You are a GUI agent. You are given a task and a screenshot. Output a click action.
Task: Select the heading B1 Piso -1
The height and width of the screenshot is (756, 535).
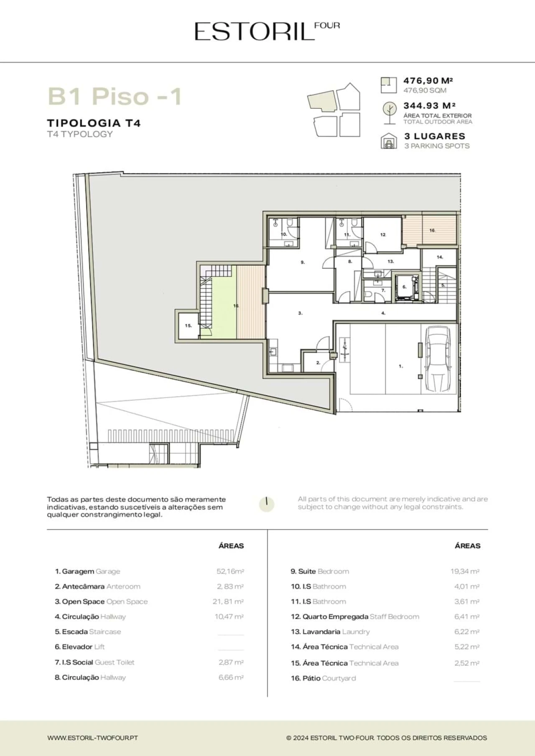(115, 96)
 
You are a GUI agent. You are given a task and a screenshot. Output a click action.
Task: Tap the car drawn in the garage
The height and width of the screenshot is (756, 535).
(438, 360)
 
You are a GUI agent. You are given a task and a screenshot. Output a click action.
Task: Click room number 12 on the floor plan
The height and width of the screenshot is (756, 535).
(383, 234)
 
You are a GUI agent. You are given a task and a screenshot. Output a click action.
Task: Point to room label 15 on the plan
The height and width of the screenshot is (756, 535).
(189, 326)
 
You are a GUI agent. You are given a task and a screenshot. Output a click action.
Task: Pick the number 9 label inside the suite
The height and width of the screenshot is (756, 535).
(303, 262)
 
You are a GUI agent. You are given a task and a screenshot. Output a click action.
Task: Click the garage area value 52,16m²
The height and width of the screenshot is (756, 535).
(230, 571)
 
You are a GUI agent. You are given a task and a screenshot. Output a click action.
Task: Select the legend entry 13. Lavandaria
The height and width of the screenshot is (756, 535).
(316, 631)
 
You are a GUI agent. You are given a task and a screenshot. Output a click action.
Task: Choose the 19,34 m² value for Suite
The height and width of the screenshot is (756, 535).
(465, 571)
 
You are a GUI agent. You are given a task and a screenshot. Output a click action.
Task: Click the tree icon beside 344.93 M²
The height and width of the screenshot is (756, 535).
(390, 113)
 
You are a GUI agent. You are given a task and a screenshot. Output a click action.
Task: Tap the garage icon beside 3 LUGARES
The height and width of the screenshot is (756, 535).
(389, 141)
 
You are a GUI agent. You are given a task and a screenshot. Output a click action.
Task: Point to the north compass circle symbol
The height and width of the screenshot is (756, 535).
(267, 504)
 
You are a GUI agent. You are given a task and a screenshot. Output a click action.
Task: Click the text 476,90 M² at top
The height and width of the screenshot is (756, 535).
(428, 81)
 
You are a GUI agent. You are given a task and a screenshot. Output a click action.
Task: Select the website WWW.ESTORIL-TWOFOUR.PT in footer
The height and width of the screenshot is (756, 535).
(92, 738)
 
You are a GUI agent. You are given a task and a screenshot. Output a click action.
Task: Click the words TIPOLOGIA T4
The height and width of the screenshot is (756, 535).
(94, 123)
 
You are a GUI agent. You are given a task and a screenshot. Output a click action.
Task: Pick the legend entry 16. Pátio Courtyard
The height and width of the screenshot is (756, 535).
(324, 678)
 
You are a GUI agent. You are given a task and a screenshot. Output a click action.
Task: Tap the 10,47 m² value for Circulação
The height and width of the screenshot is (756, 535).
(229, 616)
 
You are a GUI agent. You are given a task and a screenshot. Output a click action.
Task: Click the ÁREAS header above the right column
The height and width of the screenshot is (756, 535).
(468, 546)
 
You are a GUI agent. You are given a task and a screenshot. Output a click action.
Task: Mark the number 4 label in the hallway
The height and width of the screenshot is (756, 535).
(383, 313)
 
